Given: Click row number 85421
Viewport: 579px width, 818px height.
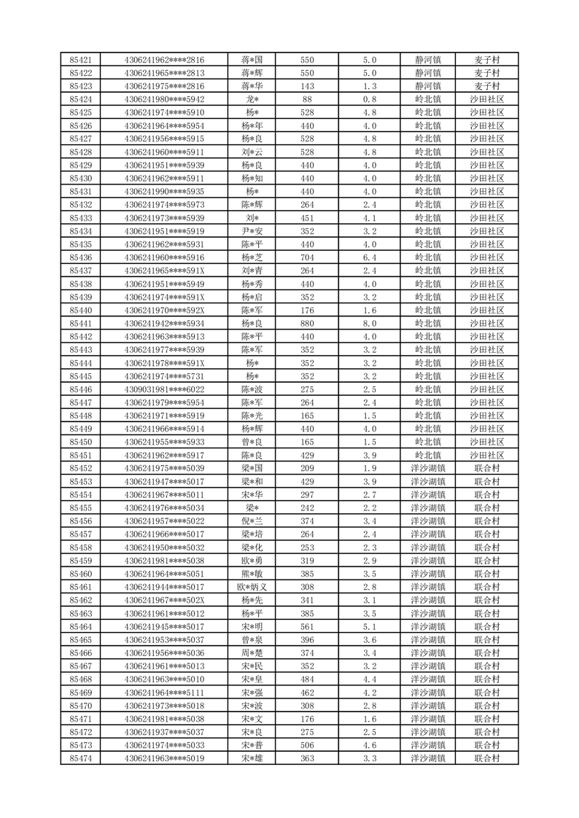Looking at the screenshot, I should [80, 60].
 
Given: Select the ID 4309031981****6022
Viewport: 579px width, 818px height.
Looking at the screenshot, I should [164, 389].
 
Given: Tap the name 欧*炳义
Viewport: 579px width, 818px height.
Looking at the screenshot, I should [252, 587].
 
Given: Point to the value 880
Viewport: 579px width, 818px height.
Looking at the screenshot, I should [307, 324].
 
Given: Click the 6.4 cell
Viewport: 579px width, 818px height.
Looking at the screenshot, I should [369, 257].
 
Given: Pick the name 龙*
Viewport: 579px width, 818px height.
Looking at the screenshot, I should [252, 99].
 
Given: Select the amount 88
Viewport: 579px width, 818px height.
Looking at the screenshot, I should [307, 99].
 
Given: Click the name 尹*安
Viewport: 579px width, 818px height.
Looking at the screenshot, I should [252, 231].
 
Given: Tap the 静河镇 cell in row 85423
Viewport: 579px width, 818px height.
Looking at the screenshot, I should [428, 86].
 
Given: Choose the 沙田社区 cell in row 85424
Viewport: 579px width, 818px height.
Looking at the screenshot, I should [486, 99].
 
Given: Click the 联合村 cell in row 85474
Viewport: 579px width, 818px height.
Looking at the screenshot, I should [486, 758].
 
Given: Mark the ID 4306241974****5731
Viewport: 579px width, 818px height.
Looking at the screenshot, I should [164, 376].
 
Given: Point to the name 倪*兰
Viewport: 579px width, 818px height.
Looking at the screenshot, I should [252, 521].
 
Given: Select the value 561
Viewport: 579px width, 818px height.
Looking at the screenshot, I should [307, 626].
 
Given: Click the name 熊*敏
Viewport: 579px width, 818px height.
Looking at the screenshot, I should [252, 574].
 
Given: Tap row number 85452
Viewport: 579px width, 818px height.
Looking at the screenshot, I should [80, 468].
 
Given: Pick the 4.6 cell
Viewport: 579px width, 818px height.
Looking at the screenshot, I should [369, 745].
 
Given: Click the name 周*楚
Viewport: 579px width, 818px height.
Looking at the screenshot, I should [252, 653].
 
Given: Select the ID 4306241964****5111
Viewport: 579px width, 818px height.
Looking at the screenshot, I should [164, 692].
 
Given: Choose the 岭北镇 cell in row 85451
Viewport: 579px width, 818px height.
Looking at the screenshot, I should [428, 455].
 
